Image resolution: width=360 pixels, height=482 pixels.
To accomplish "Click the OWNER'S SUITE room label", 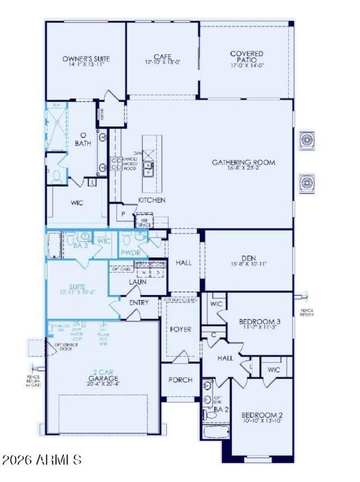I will (86, 59).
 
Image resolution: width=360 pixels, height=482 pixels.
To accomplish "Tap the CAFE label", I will (162, 57).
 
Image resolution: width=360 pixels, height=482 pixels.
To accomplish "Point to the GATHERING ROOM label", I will (243, 162).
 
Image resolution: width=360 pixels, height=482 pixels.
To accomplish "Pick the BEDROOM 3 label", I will (260, 321).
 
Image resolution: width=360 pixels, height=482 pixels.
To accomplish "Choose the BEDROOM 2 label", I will (262, 414).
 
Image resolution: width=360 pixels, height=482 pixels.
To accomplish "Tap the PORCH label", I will (180, 380).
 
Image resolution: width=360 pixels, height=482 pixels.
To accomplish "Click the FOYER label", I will (180, 329).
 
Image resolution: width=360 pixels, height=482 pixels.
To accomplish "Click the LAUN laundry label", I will (137, 282).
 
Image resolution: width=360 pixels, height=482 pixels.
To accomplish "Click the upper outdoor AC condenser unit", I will (307, 140).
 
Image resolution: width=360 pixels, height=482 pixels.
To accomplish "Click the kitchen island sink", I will (148, 169).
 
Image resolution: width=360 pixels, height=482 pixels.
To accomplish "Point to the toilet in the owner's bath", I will (56, 177).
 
